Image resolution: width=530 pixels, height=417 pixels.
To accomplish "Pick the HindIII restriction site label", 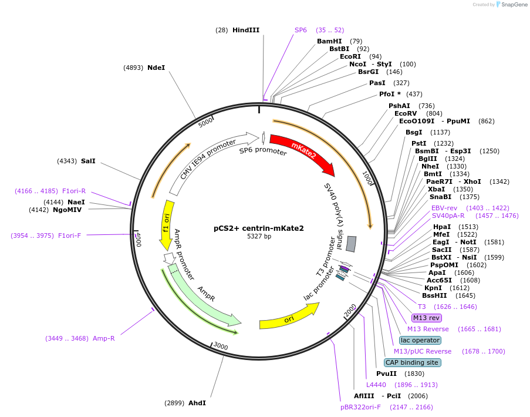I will (245, 30).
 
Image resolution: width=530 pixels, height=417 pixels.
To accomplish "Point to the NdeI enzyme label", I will (156, 68).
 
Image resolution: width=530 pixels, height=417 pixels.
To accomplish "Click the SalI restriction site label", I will (88, 161).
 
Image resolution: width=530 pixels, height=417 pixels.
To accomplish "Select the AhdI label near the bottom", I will (197, 403).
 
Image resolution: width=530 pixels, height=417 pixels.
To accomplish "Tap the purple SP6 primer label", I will (301, 30).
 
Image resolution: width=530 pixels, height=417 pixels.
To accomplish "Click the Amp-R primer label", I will (103, 338).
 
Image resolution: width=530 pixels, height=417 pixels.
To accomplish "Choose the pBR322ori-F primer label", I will (360, 406).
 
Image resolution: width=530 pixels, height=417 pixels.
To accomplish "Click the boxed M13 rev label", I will (426, 318).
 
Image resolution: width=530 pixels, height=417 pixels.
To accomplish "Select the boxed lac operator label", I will (420, 340).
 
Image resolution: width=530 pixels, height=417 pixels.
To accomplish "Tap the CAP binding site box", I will (412, 362).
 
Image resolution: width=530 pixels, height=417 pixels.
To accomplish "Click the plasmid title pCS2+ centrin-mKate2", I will (259, 228).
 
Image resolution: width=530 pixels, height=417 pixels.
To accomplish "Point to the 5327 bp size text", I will (259, 237).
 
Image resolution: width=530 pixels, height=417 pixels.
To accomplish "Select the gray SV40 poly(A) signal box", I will (351, 243).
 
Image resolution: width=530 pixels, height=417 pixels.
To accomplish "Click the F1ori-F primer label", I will (69, 236).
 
